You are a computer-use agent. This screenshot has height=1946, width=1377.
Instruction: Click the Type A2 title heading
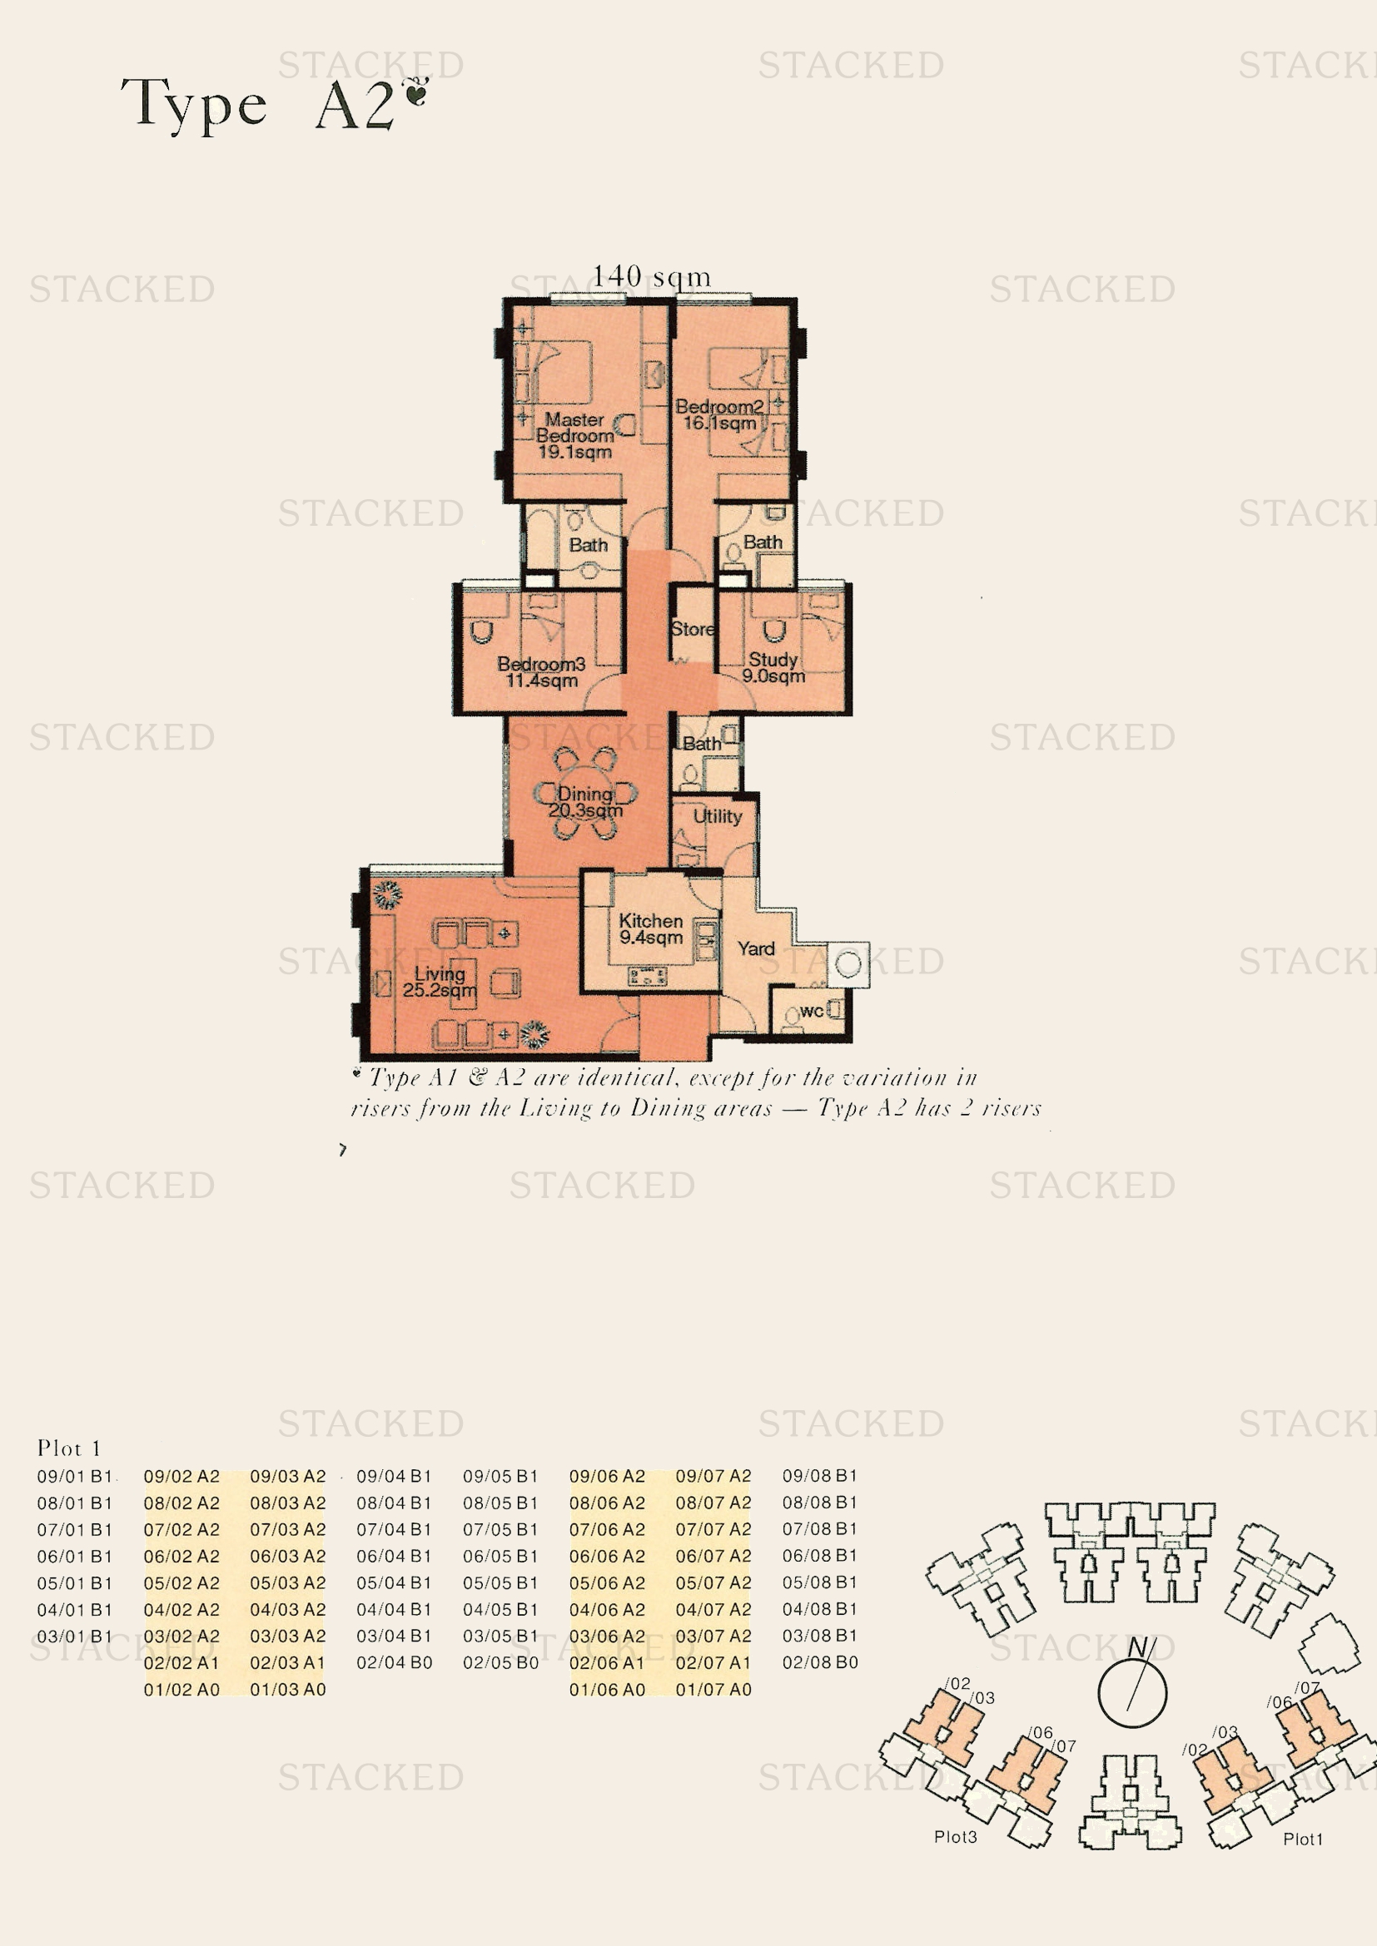[x=273, y=104]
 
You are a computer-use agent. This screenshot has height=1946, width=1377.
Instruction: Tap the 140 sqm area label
[x=651, y=276]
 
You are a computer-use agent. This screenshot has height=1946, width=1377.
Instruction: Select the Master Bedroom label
[x=575, y=436]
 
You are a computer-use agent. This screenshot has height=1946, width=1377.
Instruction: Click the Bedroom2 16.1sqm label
[x=719, y=414]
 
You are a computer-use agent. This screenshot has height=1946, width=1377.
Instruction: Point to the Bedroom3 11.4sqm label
[x=541, y=672]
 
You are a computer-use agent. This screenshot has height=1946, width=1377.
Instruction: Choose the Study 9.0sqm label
[x=773, y=668]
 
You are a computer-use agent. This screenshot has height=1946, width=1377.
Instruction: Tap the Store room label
[x=693, y=629]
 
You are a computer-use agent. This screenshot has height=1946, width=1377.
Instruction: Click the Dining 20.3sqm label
[x=585, y=802]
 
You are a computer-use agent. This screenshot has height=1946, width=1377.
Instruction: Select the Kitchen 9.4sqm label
[x=651, y=929]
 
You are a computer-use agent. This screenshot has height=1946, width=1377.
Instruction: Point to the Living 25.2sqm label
[x=440, y=982]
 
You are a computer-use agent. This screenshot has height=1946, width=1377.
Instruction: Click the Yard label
[x=756, y=949]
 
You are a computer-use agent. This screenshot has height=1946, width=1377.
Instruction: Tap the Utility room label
[x=718, y=816]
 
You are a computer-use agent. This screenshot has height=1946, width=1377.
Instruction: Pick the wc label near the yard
[x=812, y=1011]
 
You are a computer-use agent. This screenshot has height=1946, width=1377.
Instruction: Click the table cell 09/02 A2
[x=181, y=1477]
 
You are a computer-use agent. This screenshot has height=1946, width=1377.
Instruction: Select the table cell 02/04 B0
[x=395, y=1663]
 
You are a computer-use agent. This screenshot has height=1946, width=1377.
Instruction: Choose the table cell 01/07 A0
[x=713, y=1690]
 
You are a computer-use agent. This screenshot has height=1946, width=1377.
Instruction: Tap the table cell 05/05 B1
[x=500, y=1583]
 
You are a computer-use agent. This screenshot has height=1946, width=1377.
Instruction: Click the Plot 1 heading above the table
[x=68, y=1448]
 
